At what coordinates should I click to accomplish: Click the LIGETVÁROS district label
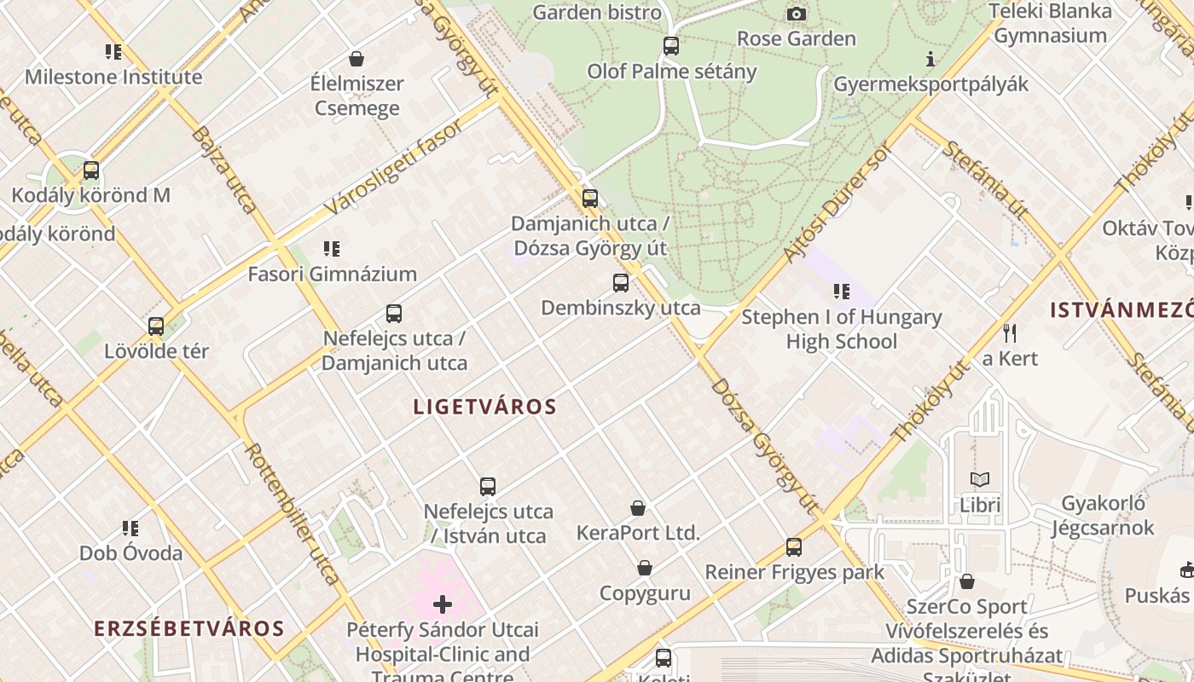tap(484, 407)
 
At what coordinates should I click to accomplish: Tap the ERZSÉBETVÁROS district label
tap(188, 629)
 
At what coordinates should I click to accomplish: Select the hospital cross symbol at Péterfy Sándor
tap(443, 604)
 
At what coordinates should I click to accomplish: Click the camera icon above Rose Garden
tap(796, 14)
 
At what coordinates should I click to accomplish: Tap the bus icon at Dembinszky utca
tap(621, 282)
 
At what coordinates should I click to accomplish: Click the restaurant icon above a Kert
tap(1010, 332)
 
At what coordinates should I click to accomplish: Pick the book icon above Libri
tap(980, 480)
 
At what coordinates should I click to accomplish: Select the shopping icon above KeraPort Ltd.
tap(638, 508)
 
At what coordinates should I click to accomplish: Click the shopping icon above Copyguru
tap(645, 568)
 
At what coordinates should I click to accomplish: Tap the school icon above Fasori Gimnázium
tap(332, 249)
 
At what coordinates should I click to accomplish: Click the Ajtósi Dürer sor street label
tap(838, 201)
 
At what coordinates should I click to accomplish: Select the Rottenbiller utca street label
tap(293, 514)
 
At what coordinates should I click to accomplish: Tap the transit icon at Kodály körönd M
tap(91, 170)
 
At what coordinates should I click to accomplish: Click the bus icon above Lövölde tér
tap(156, 326)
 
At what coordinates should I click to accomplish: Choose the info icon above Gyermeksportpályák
tap(930, 59)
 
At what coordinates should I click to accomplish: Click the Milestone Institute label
tap(113, 77)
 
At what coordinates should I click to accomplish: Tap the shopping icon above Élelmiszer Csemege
tap(356, 59)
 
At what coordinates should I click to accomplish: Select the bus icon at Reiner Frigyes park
tap(794, 546)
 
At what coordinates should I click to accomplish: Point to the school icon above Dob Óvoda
tap(130, 529)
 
